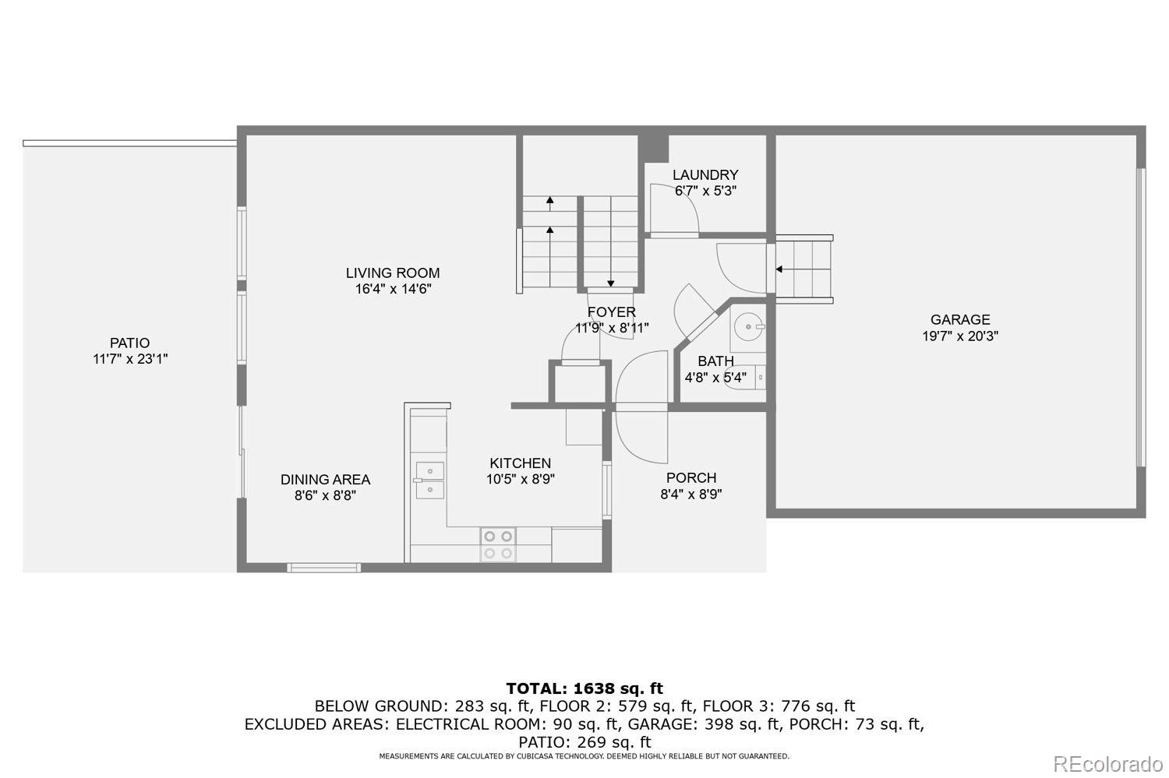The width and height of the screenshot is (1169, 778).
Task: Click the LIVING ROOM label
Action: pyautogui.click(x=393, y=273)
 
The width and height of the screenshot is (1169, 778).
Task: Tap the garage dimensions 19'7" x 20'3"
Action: pyautogui.click(x=959, y=336)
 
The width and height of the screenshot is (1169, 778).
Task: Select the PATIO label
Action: pyautogui.click(x=129, y=343)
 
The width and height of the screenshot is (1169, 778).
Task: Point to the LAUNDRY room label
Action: pyautogui.click(x=705, y=174)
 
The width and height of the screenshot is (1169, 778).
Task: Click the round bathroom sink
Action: pyautogui.click(x=748, y=327)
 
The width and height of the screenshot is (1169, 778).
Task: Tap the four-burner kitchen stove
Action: pyautogui.click(x=498, y=545)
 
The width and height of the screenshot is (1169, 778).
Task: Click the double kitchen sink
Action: pyautogui.click(x=429, y=481)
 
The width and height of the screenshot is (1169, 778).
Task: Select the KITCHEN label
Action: pyautogui.click(x=521, y=463)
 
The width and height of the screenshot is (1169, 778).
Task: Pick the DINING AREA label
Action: pyautogui.click(x=325, y=480)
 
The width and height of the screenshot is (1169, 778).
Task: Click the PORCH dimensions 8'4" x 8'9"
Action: pyautogui.click(x=691, y=495)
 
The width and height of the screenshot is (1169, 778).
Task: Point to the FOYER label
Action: pyautogui.click(x=611, y=312)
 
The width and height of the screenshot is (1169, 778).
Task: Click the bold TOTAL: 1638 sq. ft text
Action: pyautogui.click(x=584, y=688)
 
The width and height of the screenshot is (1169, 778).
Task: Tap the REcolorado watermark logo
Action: pyautogui.click(x=1108, y=765)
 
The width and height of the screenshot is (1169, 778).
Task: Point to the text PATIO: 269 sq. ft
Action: pyautogui.click(x=584, y=742)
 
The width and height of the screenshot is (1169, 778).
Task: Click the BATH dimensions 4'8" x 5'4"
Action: pyautogui.click(x=715, y=377)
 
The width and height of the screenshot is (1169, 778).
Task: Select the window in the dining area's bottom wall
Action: pyautogui.click(x=323, y=567)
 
